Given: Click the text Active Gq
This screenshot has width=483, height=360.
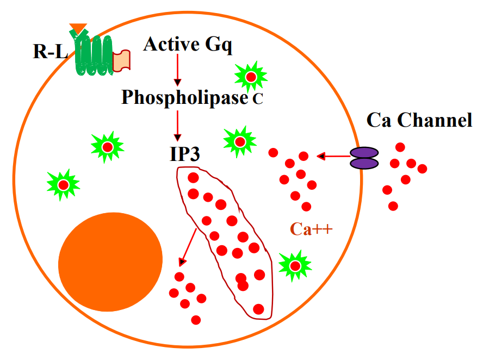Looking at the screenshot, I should (x=188, y=44).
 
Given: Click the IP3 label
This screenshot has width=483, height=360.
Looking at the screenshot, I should (x=184, y=153).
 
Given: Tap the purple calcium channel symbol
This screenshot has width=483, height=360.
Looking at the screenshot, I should (x=364, y=158).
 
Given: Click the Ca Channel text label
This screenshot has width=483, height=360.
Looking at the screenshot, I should (x=419, y=120).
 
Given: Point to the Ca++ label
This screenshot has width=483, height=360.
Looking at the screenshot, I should (x=311, y=229).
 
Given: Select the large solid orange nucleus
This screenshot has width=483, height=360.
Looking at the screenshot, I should (x=110, y=260).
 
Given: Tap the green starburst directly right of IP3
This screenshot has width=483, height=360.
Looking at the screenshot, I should (x=240, y=142).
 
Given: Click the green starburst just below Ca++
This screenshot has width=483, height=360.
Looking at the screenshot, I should (x=295, y=265).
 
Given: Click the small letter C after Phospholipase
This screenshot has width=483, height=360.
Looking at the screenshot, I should (x=258, y=100).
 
